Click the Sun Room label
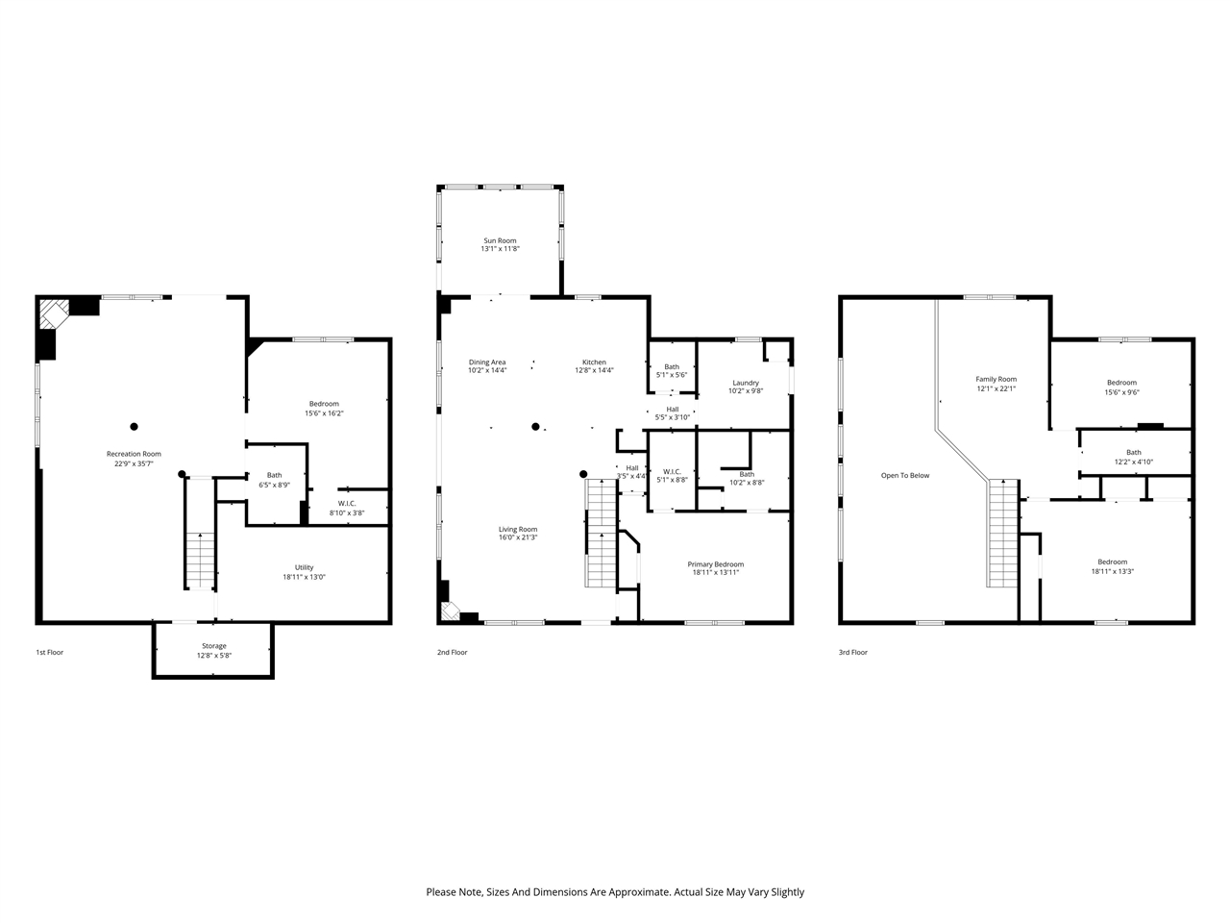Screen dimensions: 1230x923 point(499,240)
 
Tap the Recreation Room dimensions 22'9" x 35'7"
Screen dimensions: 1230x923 point(134,463)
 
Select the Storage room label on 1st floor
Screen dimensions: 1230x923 point(214,646)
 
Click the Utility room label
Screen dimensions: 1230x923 point(304,567)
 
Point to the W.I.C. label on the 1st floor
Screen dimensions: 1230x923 point(347,503)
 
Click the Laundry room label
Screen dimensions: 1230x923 point(745,383)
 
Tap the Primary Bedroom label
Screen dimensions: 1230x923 point(715,564)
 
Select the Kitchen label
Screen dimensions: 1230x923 point(594,362)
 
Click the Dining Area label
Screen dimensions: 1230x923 point(486,362)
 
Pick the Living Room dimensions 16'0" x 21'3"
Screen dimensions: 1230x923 point(517,537)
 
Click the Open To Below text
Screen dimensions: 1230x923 point(905,475)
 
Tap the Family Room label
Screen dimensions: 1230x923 point(996,379)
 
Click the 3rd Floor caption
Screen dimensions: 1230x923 point(852,652)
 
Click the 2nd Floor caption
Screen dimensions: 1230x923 point(452,652)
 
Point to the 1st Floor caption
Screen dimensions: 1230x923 point(49,652)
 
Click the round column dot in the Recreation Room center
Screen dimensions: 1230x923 point(134,426)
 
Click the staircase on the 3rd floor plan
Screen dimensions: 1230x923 point(1002,534)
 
